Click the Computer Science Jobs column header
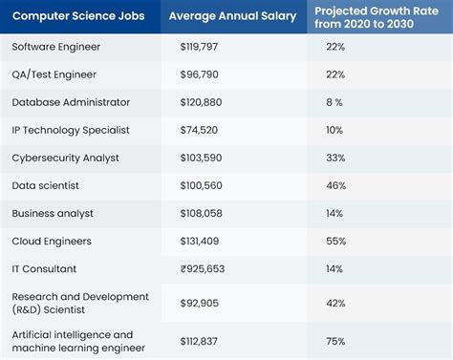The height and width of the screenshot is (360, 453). [x=80, y=16]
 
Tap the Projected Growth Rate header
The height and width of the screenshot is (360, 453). [x=378, y=16]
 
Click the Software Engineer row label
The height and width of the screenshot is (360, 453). [x=55, y=47]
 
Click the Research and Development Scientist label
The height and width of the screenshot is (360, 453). [x=80, y=303]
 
